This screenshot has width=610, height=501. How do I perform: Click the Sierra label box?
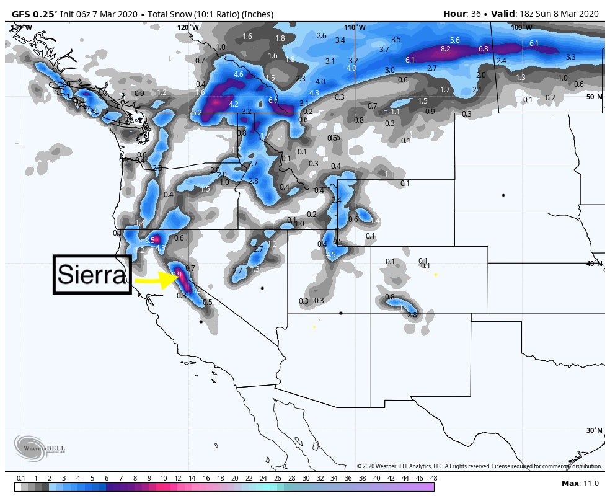click(x=92, y=274)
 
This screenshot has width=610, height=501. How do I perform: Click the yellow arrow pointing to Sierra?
click(x=157, y=280)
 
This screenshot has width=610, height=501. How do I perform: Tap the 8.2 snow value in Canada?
click(x=445, y=49)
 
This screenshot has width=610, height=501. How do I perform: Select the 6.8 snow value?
click(x=484, y=49)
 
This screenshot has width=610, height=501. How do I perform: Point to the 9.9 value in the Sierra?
click(x=176, y=274)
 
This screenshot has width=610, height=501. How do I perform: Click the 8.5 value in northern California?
click(x=149, y=240)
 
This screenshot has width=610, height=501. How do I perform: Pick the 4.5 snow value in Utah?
click(x=330, y=255)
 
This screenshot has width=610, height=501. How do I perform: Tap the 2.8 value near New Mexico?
click(x=412, y=315)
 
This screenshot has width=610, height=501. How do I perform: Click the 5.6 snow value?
click(x=454, y=40)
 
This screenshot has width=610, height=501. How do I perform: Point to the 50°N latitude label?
click(x=595, y=97)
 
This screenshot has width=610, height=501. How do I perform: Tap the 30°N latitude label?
click(x=595, y=430)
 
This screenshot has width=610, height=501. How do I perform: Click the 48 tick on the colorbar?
click(x=433, y=478)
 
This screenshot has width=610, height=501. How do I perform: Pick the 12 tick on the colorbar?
click(x=177, y=478)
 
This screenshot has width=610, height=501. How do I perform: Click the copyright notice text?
click(x=479, y=466)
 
